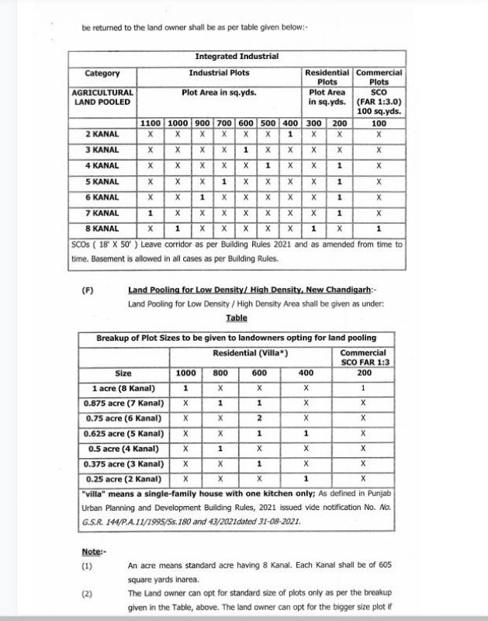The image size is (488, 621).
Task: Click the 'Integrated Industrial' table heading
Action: pos(237,57)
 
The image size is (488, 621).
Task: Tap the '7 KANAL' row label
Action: pos(102,213)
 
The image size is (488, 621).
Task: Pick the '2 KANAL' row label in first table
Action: pos(102,134)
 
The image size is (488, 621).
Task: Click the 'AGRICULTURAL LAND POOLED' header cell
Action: pos(102,96)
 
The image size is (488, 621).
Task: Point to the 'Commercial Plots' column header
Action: pos(379,77)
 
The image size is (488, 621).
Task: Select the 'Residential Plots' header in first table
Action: pos(327,77)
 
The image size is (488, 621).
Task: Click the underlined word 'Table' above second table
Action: pos(237,318)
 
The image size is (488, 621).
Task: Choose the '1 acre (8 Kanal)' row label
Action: pos(123,388)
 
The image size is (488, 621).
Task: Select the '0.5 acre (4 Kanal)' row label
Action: pos(123,449)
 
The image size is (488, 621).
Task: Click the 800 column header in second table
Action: pos(220,373)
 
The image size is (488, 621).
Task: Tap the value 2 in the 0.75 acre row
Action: pos(259,418)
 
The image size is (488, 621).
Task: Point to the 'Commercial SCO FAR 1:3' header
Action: pos(363,358)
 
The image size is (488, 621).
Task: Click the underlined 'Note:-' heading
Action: pos(93,551)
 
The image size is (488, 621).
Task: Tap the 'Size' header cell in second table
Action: pos(123,373)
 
